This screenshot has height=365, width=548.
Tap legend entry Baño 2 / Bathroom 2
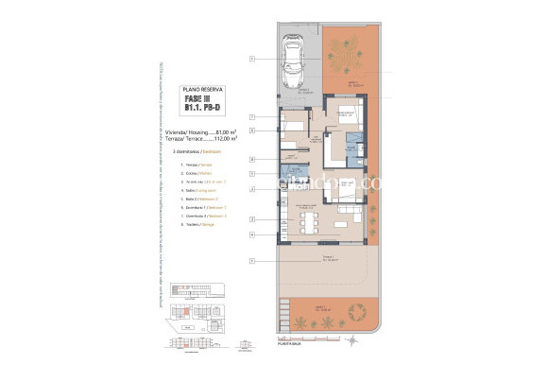point(193,198)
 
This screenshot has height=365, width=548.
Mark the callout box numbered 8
point(252,160)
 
